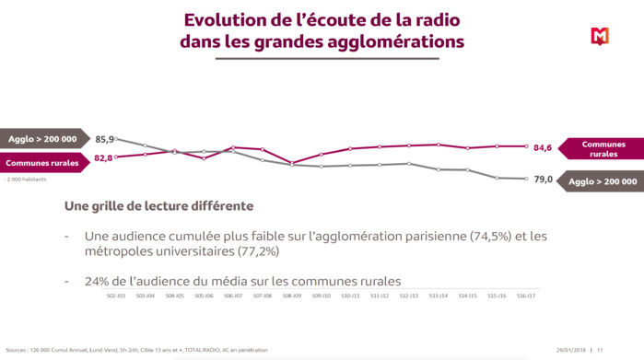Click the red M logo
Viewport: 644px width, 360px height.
pos(600,36)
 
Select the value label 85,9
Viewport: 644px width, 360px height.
pos(105,140)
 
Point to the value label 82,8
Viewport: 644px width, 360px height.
pos(103,158)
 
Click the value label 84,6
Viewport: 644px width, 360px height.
pos(543,147)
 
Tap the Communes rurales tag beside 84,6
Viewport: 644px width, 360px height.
pos(604,149)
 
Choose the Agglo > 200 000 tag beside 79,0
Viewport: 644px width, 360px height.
pos(604,181)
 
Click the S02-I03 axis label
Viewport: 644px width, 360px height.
pos(116,296)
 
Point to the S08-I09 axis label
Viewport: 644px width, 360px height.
pos(292,296)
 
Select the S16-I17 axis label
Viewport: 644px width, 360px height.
pos(526,296)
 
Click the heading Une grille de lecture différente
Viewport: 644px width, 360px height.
pos(158,206)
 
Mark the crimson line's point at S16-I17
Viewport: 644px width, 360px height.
pos(526,146)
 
